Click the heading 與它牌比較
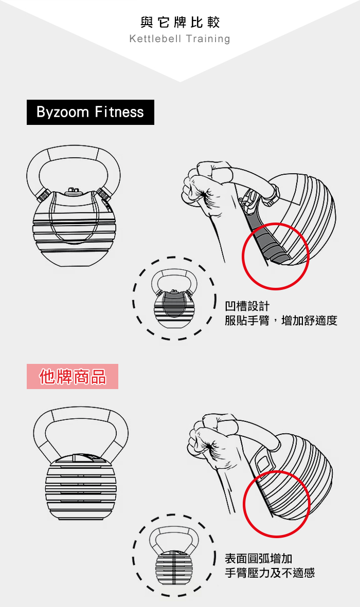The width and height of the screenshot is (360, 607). pyautogui.click(x=180, y=22)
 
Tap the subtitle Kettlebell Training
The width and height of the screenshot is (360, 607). pyautogui.click(x=180, y=39)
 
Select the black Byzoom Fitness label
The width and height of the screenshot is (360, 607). pyautogui.click(x=91, y=112)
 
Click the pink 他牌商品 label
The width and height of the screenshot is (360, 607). pyautogui.click(x=73, y=376)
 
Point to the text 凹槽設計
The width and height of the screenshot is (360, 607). pyautogui.click(x=247, y=306)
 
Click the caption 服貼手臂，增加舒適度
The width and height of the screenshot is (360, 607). pyautogui.click(x=281, y=321)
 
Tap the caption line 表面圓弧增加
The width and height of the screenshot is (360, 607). pyautogui.click(x=259, y=559)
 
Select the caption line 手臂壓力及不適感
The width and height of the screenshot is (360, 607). pyautogui.click(x=269, y=573)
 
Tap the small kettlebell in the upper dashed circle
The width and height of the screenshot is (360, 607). pyautogui.click(x=174, y=299)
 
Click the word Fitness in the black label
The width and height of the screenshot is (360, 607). pyautogui.click(x=119, y=112)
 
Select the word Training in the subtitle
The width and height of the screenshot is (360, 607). pyautogui.click(x=208, y=39)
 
